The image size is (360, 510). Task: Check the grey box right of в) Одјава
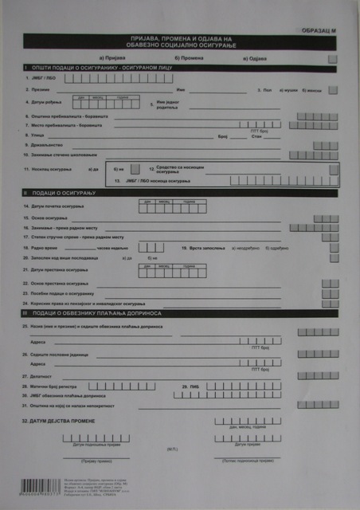click(332, 59)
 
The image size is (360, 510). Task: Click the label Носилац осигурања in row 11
click(53, 170)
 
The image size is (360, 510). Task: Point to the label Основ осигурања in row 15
click(51, 218)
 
